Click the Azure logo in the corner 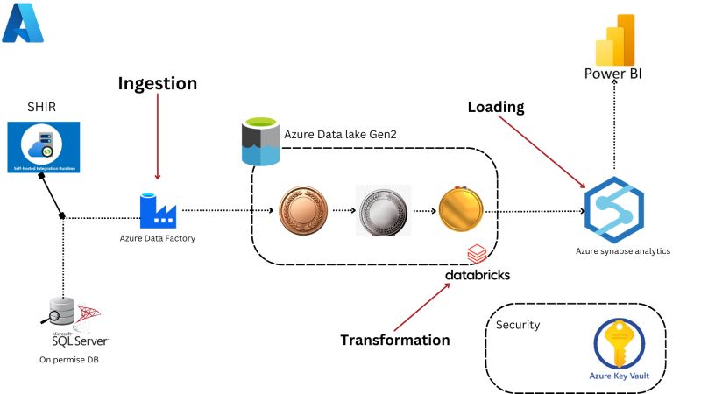(x=23, y=23)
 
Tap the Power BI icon (x=614, y=39)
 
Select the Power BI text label (x=613, y=74)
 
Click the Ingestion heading (x=158, y=84)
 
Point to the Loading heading (x=495, y=108)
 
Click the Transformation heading (x=395, y=340)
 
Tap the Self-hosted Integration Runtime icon (x=43, y=147)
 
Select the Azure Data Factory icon (x=158, y=210)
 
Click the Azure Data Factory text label (x=158, y=238)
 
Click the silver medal (x=382, y=211)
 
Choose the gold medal (x=461, y=210)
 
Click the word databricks (x=477, y=275)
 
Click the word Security (x=518, y=325)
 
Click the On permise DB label (x=69, y=360)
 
